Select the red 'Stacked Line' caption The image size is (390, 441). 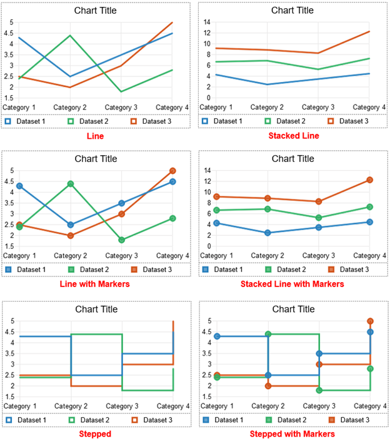pyautogui.click(x=293, y=135)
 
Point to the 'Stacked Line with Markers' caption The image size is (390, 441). pyautogui.click(x=292, y=284)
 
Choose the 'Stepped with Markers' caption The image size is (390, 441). pyautogui.click(x=292, y=433)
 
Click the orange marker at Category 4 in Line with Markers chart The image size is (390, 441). pyautogui.click(x=172, y=171)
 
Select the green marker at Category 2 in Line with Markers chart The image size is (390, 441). pyautogui.click(x=71, y=184)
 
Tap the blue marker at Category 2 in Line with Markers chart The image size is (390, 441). pyautogui.click(x=71, y=225)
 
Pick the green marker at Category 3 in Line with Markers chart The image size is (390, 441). pyautogui.click(x=122, y=240)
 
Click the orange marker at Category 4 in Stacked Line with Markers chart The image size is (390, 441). pyautogui.click(x=369, y=180)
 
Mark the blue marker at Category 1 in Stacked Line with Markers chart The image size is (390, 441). pyautogui.click(x=217, y=223)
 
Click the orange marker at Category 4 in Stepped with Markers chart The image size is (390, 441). pyautogui.click(x=370, y=321)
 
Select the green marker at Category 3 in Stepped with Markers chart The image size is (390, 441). pyautogui.click(x=319, y=390)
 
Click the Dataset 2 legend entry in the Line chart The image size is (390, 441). pyautogui.click(x=87, y=121)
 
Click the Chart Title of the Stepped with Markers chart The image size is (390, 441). pyautogui.click(x=292, y=309)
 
